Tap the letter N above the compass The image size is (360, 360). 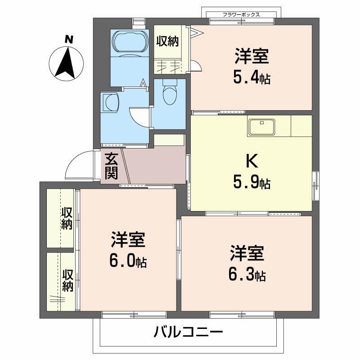[68, 40]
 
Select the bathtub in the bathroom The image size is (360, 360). [129, 42]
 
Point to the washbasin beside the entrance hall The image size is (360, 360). [109, 102]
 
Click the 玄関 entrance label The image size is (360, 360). [111, 166]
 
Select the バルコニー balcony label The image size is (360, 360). [189, 333]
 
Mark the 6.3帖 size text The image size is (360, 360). [247, 274]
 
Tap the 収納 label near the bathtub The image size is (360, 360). [167, 41]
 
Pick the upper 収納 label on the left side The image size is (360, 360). [67, 219]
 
